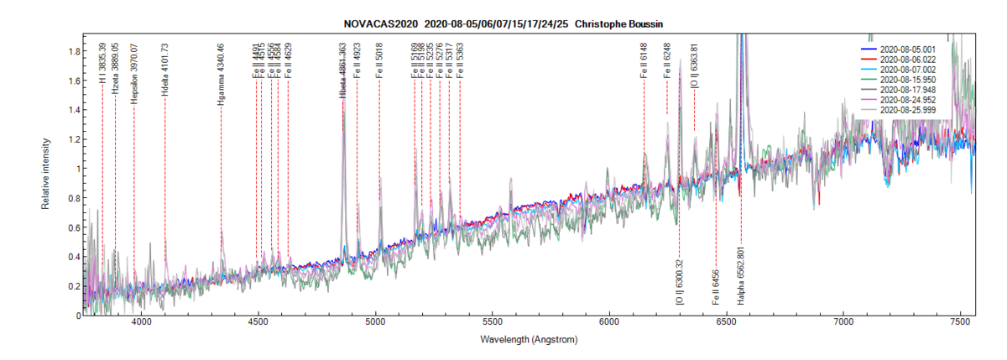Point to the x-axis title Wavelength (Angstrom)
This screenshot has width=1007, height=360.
(529, 340)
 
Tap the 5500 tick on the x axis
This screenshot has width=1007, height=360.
(493, 323)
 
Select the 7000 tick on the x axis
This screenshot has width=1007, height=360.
(843, 323)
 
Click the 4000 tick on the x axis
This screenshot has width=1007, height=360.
(142, 323)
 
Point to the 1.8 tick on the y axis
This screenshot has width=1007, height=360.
(74, 52)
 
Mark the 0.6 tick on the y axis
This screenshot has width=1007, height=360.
(74, 227)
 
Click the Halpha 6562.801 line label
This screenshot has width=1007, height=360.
(741, 274)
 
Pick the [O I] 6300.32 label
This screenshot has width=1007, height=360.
(679, 282)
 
